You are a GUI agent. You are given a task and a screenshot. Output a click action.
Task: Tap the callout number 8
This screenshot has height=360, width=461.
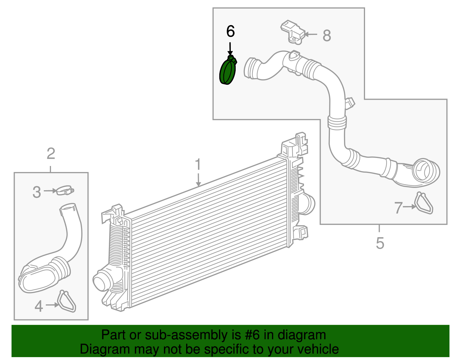pyautogui.click(x=326, y=36)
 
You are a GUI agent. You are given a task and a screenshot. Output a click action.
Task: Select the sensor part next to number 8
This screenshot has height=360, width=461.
pyautogui.click(x=292, y=32)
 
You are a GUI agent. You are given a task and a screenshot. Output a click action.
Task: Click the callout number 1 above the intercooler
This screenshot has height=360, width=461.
pyautogui.click(x=198, y=164)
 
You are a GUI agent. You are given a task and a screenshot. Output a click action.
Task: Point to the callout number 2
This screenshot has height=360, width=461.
pyautogui.click(x=51, y=154)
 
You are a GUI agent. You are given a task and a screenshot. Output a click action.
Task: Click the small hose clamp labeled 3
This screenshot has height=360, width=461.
pyautogui.click(x=65, y=190)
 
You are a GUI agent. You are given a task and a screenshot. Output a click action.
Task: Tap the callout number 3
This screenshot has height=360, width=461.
pyautogui.click(x=37, y=192)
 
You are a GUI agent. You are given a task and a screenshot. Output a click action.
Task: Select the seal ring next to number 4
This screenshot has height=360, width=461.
pyautogui.click(x=67, y=301)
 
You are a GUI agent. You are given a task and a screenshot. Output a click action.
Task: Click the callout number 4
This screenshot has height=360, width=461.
pyautogui.click(x=39, y=306)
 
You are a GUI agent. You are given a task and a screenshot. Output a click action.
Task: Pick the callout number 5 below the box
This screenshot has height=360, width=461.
pyautogui.click(x=380, y=243)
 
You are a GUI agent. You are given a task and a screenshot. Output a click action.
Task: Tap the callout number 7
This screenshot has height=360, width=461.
pyautogui.click(x=398, y=208)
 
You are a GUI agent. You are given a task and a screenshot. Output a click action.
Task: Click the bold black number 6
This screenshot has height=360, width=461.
pyautogui.click(x=231, y=31)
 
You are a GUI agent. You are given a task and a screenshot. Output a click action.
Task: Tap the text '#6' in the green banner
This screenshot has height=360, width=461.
pyautogui.click(x=253, y=335)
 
